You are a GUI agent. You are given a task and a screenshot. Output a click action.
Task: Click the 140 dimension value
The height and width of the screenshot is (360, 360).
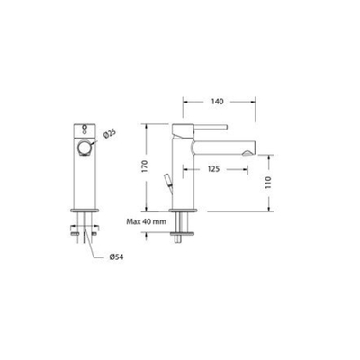pos(217,102)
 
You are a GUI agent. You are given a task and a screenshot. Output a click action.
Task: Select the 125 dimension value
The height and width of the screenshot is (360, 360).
pos(213,169)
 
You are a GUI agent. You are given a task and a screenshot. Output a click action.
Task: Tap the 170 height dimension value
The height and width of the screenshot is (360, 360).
pos(145,166)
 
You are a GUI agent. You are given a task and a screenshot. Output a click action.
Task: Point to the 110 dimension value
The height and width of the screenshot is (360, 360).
pos(268,183)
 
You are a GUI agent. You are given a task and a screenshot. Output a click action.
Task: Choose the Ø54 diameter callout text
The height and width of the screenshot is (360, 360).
pos(117,257)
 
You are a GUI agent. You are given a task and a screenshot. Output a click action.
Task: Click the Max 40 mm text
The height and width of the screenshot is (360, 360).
pos(147,222)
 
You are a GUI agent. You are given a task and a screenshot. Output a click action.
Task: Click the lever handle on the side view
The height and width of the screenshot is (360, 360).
pos(209,127)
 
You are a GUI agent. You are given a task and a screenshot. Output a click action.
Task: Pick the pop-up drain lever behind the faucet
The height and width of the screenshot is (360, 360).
pos(168,182)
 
